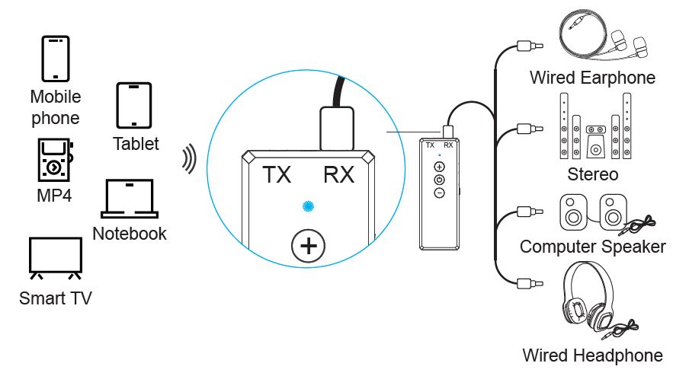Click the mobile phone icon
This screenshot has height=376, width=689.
pos(56,59)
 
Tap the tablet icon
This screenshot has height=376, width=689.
pos(135,105)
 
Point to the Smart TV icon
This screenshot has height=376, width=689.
pos(55,257)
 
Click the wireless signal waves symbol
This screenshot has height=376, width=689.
pos(187,159)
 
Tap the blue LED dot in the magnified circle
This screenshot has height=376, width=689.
pos(307,206)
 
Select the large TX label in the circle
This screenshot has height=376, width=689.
pos(277,176)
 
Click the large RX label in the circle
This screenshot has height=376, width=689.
pos(338,176)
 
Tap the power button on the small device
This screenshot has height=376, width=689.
pos(439,180)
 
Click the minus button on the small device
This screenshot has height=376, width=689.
pos(439,193)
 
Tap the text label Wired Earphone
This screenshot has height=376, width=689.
pos(592,78)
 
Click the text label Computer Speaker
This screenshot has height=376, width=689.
pos(592,247)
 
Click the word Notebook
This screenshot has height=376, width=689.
pos(129,234)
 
